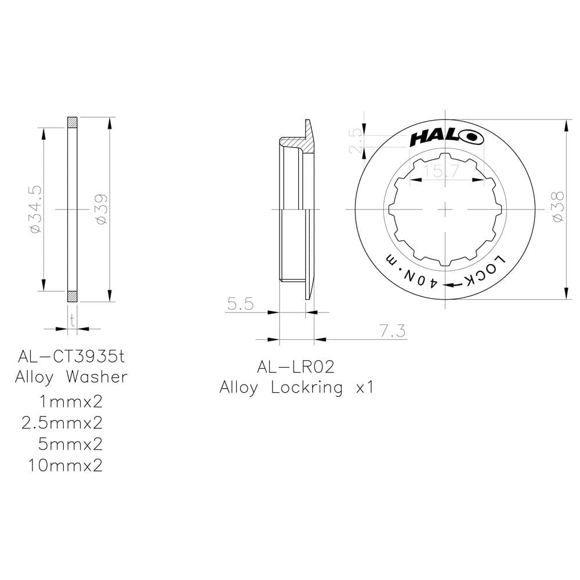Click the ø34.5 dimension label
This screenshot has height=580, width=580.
(34, 210)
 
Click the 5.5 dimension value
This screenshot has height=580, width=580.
(240, 304)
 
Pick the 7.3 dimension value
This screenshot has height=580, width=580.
(392, 331)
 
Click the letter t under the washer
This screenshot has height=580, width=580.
(72, 319)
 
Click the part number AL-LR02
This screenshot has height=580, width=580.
(296, 367)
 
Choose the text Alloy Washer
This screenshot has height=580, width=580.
(71, 377)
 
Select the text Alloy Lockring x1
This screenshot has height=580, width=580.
(296, 388)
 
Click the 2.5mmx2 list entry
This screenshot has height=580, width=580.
(62, 423)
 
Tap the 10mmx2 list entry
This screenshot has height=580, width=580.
(65, 465)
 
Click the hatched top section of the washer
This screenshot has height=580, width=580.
(72, 122)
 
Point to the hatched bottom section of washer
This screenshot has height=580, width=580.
(72, 296)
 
